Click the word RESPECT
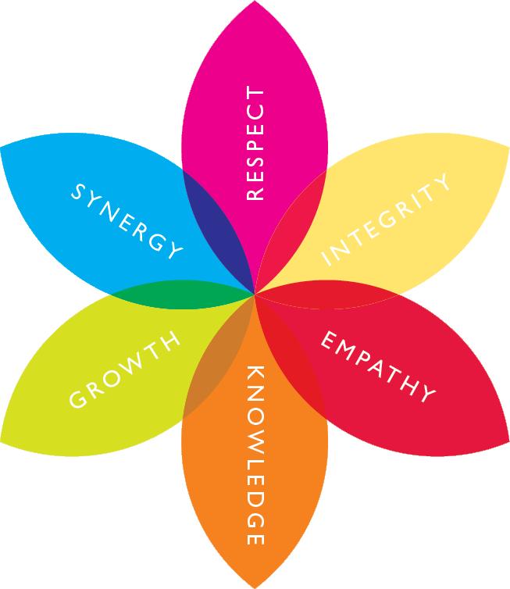tap(255, 145)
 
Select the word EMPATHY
tap(377, 368)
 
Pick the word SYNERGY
tap(127, 220)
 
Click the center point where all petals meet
tap(255, 294)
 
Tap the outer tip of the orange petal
tap(255, 586)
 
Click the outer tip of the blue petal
tap(2, 146)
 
